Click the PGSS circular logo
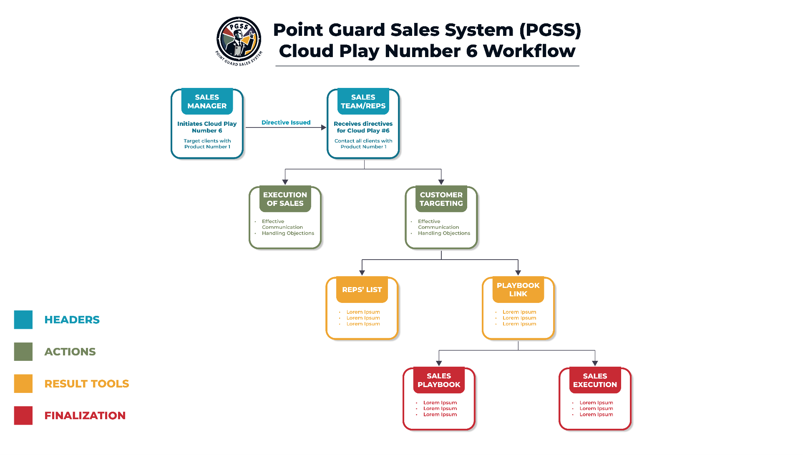[239, 41]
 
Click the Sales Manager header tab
[207, 101]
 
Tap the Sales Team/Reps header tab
[363, 101]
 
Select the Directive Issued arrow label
[286, 122]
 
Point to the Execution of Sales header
[285, 199]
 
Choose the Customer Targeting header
[441, 199]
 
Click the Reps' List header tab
[362, 290]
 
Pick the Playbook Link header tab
[518, 290]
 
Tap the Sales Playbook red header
[439, 380]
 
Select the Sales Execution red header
[595, 380]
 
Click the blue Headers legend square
[23, 320]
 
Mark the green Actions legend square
[23, 352]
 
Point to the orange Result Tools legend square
[23, 383]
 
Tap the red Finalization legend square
[23, 415]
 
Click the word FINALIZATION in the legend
[85, 415]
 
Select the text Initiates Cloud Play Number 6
[207, 127]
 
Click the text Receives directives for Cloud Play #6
[363, 127]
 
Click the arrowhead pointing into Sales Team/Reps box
[324, 127]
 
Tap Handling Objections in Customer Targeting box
[444, 233]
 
